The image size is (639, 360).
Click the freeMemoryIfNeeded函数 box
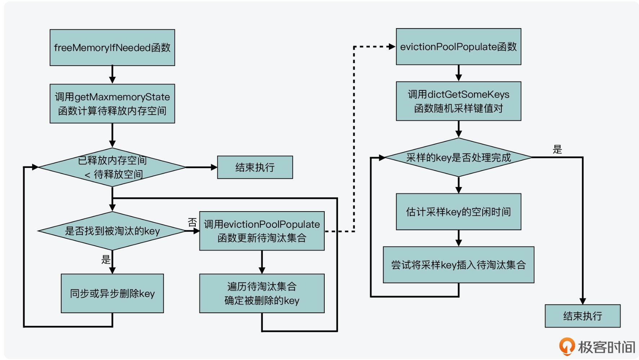112,48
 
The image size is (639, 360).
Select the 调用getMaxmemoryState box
112,104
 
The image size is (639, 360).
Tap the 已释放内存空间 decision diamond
112,167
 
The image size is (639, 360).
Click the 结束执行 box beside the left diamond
255,167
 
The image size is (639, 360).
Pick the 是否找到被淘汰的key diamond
112,231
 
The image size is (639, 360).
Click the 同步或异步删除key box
112,293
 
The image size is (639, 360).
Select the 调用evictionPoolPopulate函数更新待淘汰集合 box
262,231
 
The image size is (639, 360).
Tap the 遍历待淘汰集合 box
262,293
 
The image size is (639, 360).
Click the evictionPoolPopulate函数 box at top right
458,46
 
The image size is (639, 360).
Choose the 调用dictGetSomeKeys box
458,101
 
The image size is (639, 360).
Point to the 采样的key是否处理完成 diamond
458,157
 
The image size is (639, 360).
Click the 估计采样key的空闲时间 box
458,212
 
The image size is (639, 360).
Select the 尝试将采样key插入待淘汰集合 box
458,265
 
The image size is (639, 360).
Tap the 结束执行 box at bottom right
582,316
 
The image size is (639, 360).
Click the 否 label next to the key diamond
192,222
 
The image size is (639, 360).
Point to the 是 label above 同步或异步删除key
106,259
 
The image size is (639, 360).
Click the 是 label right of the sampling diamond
557,149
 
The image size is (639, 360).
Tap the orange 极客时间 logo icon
567,346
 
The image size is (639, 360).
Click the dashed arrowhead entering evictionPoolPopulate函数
392,46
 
